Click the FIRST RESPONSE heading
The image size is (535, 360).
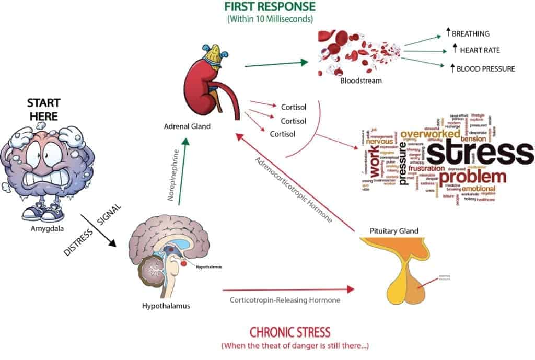(x=270, y=7)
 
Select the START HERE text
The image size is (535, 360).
(x=43, y=109)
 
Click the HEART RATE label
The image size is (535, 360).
(x=476, y=50)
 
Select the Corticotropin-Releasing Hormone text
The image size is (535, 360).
(x=285, y=300)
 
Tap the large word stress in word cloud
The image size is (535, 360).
(x=480, y=153)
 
